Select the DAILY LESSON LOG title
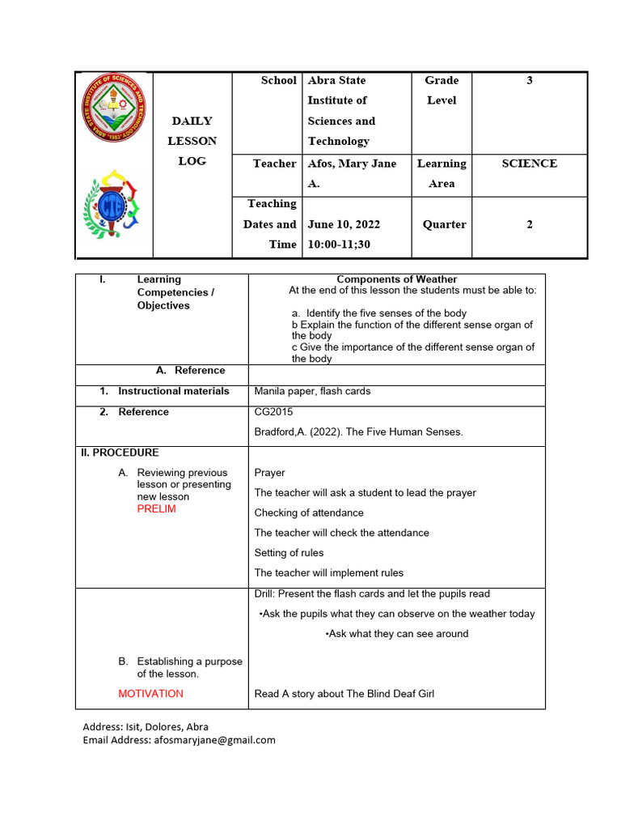click(192, 141)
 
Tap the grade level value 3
click(529, 80)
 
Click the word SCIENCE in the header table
click(529, 164)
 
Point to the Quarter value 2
click(529, 224)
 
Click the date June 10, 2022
click(344, 224)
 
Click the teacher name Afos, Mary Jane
click(352, 164)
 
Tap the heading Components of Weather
click(396, 279)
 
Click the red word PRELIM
click(156, 509)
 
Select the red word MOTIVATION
click(150, 694)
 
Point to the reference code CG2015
click(273, 412)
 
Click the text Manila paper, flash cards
click(312, 391)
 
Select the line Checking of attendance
click(309, 512)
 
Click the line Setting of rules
click(289, 553)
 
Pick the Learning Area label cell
click(441, 173)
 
